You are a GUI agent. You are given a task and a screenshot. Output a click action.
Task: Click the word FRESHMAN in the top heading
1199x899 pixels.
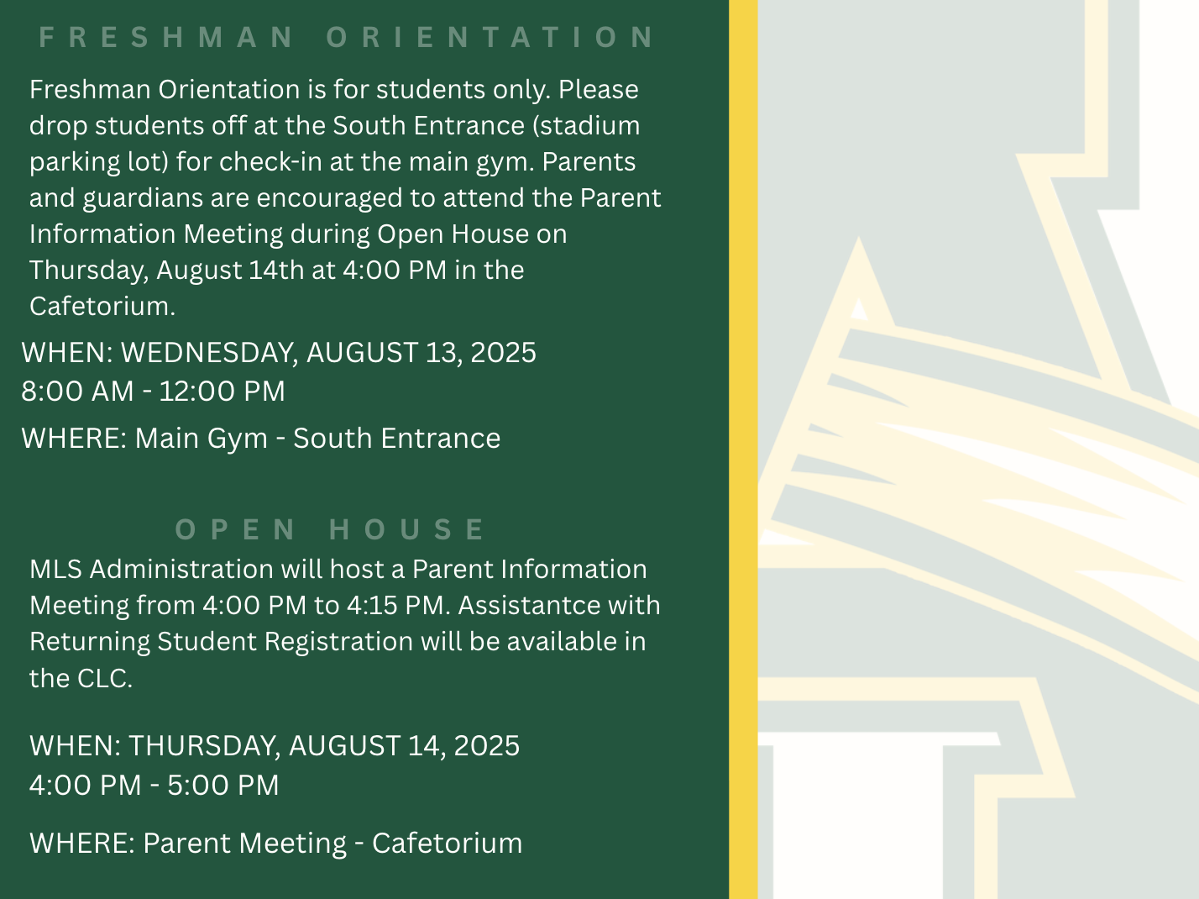click(166, 37)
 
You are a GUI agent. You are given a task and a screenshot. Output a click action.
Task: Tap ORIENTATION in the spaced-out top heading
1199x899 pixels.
click(490, 37)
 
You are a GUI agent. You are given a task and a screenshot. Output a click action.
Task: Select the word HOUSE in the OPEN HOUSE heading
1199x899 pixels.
click(406, 529)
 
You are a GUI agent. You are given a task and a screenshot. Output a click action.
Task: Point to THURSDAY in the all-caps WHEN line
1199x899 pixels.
click(204, 746)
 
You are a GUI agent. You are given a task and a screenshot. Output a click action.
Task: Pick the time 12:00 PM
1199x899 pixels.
click(222, 392)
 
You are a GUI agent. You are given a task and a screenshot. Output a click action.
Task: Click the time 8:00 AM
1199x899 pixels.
click(77, 392)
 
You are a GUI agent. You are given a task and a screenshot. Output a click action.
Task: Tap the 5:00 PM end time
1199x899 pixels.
click(223, 786)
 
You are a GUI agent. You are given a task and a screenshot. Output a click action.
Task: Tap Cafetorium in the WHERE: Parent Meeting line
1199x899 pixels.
click(447, 844)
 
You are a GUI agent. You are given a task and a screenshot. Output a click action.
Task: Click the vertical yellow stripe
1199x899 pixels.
click(743, 449)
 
